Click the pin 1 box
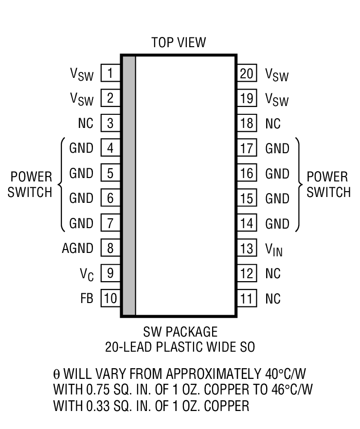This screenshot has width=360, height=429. pyautogui.click(x=110, y=73)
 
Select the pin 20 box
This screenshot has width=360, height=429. pyautogui.click(x=247, y=73)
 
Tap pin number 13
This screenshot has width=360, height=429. pyautogui.click(x=247, y=249)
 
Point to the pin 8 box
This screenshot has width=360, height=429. pyautogui.click(x=110, y=249)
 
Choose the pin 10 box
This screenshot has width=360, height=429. pyautogui.click(x=110, y=298)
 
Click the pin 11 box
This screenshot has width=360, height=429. pyautogui.click(x=247, y=298)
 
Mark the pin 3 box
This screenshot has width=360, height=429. pyautogui.click(x=110, y=124)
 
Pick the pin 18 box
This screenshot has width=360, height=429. pyautogui.click(x=247, y=124)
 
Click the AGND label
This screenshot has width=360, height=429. pyautogui.click(x=77, y=249)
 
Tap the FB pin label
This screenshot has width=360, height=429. pyautogui.click(x=87, y=298)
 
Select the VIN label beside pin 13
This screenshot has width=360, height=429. pyautogui.click(x=273, y=250)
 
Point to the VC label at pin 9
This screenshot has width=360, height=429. pyautogui.click(x=87, y=274)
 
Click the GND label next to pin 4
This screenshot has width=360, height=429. pyautogui.click(x=81, y=148)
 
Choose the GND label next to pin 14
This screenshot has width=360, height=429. pyautogui.click(x=277, y=224)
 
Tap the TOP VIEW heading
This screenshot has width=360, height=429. pyautogui.click(x=179, y=42)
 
